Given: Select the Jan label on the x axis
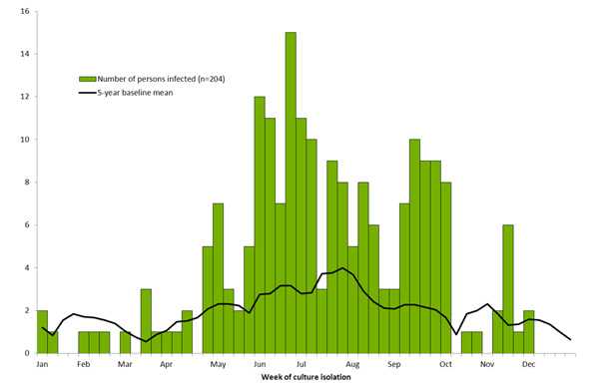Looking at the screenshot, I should (x=42, y=364).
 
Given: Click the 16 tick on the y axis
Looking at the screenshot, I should (x=25, y=11).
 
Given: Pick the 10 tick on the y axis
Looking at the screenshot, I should (x=25, y=140).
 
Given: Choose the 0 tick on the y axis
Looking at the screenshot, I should (x=28, y=353).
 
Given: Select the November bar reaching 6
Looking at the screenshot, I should (x=508, y=289).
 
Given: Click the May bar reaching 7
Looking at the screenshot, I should (x=218, y=278).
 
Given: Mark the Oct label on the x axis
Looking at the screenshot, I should (x=445, y=364).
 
